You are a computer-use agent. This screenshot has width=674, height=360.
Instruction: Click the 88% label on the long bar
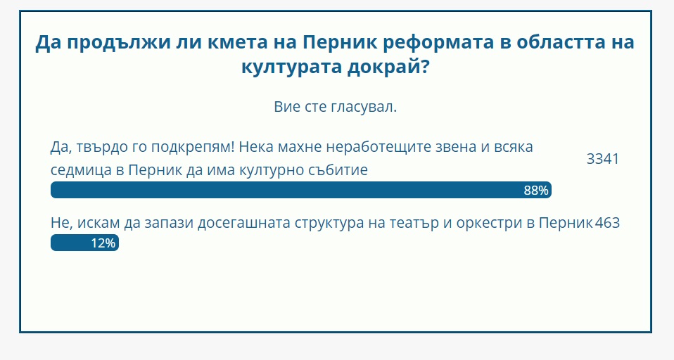[x=536, y=191]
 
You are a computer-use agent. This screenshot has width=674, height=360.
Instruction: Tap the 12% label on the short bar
[x=103, y=243]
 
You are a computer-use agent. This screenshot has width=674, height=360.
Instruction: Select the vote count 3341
[x=603, y=159]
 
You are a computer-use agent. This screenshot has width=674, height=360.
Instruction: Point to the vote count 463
[x=607, y=222]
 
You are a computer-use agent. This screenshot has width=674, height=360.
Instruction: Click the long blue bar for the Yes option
[x=301, y=190]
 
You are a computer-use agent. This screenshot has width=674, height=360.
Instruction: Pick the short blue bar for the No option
[x=84, y=243]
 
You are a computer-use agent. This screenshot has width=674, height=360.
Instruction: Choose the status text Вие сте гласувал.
[x=336, y=107]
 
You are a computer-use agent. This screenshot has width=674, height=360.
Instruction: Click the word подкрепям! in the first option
[x=193, y=148]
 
